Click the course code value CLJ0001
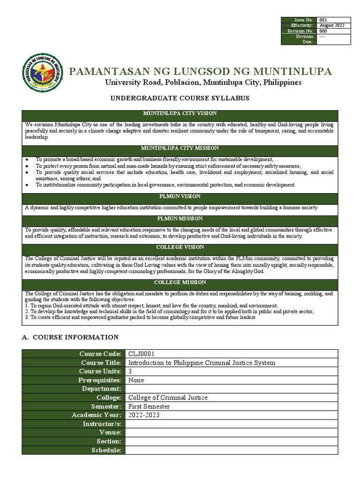[x=141, y=354]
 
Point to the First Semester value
[x=149, y=406]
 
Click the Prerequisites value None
[x=136, y=380]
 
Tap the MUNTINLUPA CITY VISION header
[x=180, y=114]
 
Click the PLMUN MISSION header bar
[x=180, y=219]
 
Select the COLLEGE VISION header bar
[x=180, y=247]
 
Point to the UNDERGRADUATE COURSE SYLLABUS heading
[x=180, y=98]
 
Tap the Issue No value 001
[x=323, y=20]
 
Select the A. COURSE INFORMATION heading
[x=70, y=337]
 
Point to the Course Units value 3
[x=130, y=371]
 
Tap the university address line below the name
[x=202, y=82]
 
